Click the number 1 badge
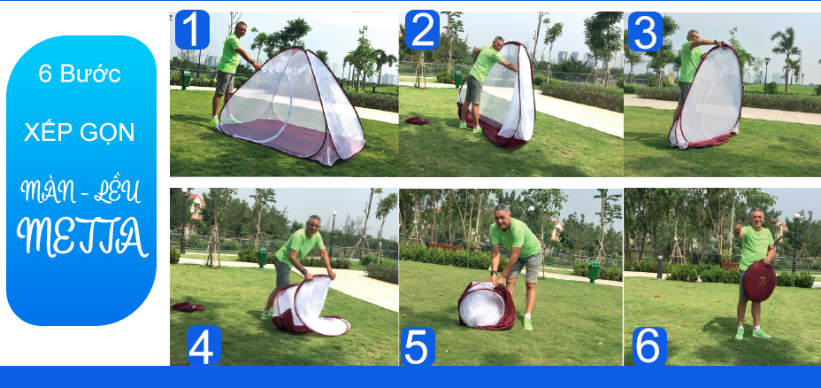click(192, 29)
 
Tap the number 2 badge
click(422, 29)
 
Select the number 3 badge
click(645, 32)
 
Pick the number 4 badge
click(203, 345)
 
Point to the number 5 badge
click(418, 346)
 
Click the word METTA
click(82, 236)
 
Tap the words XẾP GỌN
click(80, 131)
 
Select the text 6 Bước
click(80, 74)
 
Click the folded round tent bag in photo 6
click(759, 281)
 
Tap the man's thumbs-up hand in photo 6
click(739, 228)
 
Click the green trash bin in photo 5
click(595, 270)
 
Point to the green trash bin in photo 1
click(186, 79)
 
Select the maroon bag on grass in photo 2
click(418, 120)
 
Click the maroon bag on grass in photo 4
click(188, 307)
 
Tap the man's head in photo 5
click(503, 215)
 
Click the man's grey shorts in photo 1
click(225, 83)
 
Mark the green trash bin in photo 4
click(263, 257)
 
